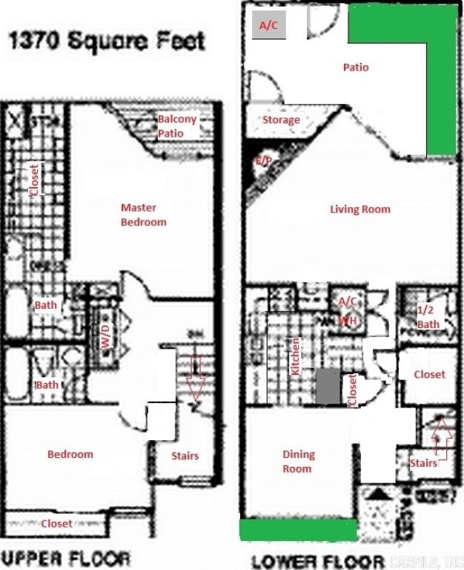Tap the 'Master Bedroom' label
click(144, 214)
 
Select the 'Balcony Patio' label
click(177, 126)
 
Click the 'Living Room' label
click(359, 209)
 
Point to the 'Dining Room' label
click(298, 461)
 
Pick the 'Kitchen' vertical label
click(295, 356)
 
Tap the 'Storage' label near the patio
click(281, 119)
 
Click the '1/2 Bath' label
click(428, 317)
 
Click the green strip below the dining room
click(298, 530)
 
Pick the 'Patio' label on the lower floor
click(356, 68)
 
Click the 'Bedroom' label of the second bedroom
click(70, 454)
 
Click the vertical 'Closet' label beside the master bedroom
click(33, 179)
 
